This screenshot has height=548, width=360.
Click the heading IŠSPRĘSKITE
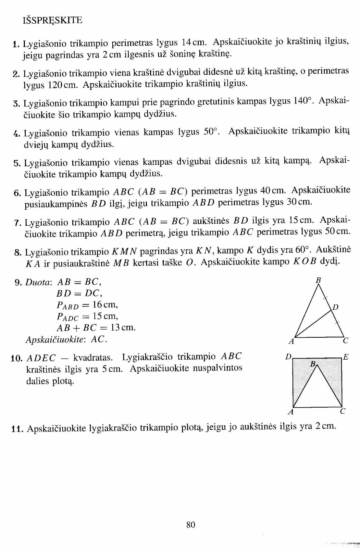click(x=52, y=20)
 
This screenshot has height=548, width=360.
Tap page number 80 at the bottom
click(x=191, y=524)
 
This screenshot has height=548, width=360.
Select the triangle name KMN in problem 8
click(x=124, y=252)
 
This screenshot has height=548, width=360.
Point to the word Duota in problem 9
click(x=38, y=283)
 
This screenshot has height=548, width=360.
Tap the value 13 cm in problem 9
click(x=123, y=327)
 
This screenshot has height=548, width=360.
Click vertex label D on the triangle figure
click(x=336, y=307)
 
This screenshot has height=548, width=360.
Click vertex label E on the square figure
click(x=346, y=357)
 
